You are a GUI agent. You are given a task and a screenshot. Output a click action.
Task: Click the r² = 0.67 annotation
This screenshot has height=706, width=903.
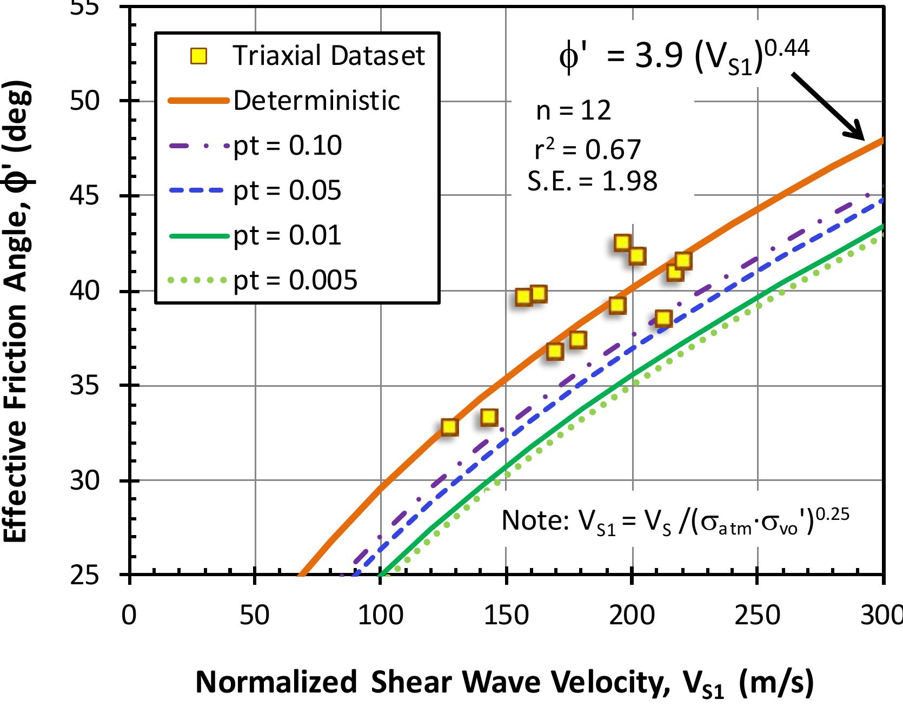tap(587, 149)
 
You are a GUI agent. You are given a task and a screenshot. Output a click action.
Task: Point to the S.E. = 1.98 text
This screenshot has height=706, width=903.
tap(592, 181)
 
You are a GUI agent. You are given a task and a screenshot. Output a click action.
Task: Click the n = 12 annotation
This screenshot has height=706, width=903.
tap(573, 111)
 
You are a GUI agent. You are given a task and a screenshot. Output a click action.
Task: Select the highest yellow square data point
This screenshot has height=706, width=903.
tap(622, 242)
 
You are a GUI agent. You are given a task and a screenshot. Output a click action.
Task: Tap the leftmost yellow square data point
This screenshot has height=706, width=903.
tap(449, 427)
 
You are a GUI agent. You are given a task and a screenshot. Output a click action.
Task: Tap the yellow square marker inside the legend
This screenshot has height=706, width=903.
tap(200, 56)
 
